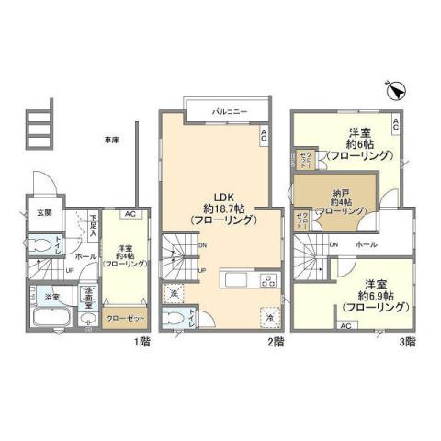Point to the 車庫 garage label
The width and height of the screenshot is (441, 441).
pos(111,141)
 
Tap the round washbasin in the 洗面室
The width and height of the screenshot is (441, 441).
pos(87,318)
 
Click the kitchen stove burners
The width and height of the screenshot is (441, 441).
pos(267,280)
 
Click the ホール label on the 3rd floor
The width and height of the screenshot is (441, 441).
pos(364,244)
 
